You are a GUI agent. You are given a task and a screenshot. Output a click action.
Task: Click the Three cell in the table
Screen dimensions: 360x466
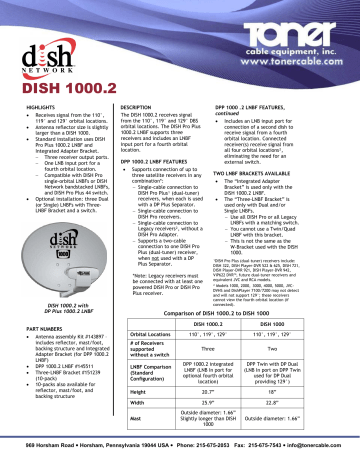pos(233,352)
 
